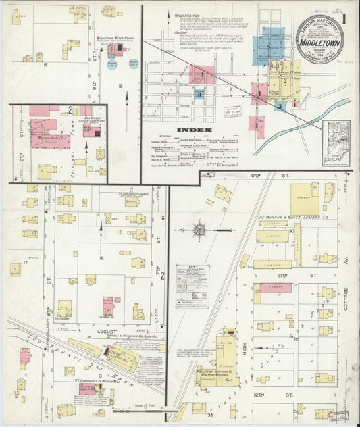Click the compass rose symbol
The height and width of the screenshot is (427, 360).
point(200,230)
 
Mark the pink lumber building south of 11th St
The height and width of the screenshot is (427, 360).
point(274,288)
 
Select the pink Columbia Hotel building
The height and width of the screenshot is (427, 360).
point(109,305)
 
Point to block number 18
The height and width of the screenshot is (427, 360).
point(101,259)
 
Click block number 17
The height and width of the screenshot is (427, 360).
point(25,262)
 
